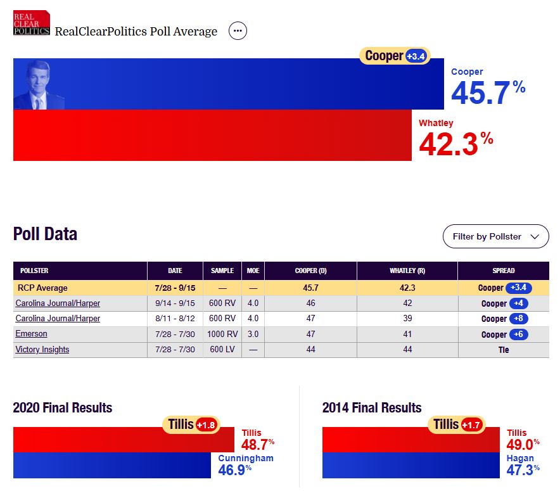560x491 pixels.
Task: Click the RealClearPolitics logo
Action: (32, 23)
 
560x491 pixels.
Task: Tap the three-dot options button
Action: (238, 30)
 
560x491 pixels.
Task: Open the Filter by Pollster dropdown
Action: (495, 236)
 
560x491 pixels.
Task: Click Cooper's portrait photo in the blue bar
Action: (39, 85)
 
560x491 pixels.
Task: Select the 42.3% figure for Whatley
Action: (455, 143)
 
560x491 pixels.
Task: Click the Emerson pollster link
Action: (31, 334)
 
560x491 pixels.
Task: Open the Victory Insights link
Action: (42, 350)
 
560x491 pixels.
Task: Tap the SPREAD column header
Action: (503, 271)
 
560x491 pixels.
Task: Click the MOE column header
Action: (253, 271)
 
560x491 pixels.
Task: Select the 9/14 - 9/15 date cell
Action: (175, 303)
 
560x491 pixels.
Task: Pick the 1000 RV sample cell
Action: (222, 334)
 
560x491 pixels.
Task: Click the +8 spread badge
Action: (517, 319)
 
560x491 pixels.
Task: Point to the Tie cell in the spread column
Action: (503, 350)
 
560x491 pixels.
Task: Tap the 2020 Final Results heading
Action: (63, 407)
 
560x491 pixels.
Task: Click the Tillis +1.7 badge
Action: (457, 424)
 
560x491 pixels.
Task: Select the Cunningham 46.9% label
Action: (246, 463)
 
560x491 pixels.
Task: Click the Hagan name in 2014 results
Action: (520, 458)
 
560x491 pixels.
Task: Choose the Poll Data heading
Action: (45, 234)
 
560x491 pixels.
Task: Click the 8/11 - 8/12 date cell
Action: (175, 319)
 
